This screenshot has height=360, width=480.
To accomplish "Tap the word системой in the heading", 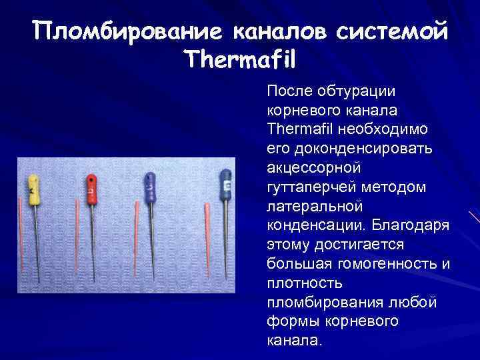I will point(393,31).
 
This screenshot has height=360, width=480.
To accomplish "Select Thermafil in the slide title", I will point(239,61).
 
